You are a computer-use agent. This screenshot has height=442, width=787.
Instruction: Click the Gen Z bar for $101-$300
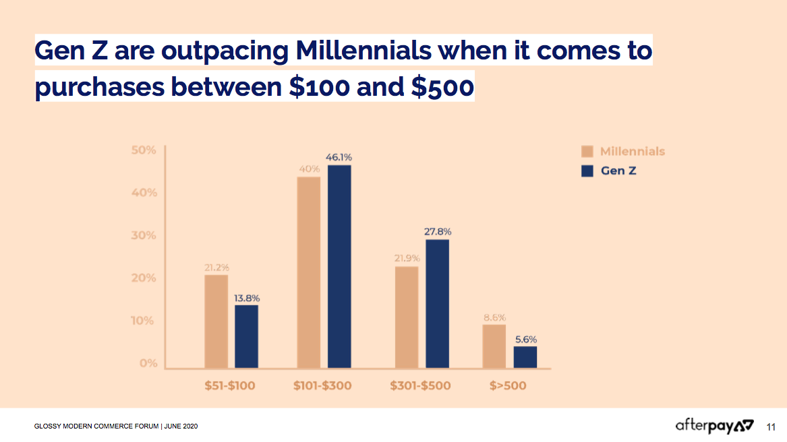point(339,267)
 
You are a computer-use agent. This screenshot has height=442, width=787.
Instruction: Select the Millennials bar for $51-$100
point(216,321)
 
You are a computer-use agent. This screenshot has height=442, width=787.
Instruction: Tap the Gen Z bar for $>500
point(525,357)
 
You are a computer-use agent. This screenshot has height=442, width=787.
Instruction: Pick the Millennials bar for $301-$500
point(407,317)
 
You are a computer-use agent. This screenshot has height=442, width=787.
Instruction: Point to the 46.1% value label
point(339,157)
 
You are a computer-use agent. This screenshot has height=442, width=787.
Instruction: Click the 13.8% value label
point(247,298)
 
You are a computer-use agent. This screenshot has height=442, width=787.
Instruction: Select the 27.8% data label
point(438,231)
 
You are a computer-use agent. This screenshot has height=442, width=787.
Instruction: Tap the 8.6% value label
point(494,317)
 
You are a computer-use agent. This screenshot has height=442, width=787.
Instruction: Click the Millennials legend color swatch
point(587,152)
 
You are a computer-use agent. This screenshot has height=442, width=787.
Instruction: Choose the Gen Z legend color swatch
point(587,171)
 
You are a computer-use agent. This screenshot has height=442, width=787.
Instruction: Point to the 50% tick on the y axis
point(144,150)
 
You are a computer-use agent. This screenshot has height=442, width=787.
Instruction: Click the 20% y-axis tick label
point(144,278)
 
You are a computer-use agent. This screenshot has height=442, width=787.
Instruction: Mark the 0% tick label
point(148,363)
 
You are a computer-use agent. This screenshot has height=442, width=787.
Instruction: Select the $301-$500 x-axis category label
point(420,386)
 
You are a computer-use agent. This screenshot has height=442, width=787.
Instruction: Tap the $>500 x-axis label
point(508,386)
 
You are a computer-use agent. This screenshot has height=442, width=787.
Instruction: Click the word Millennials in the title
point(363,50)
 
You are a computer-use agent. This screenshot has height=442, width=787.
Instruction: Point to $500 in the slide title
point(442,86)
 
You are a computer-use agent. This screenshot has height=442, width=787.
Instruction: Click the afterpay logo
point(714,426)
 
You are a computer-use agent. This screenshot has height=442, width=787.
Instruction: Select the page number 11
point(771,427)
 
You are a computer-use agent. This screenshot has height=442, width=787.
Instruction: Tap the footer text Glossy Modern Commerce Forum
point(96,426)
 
